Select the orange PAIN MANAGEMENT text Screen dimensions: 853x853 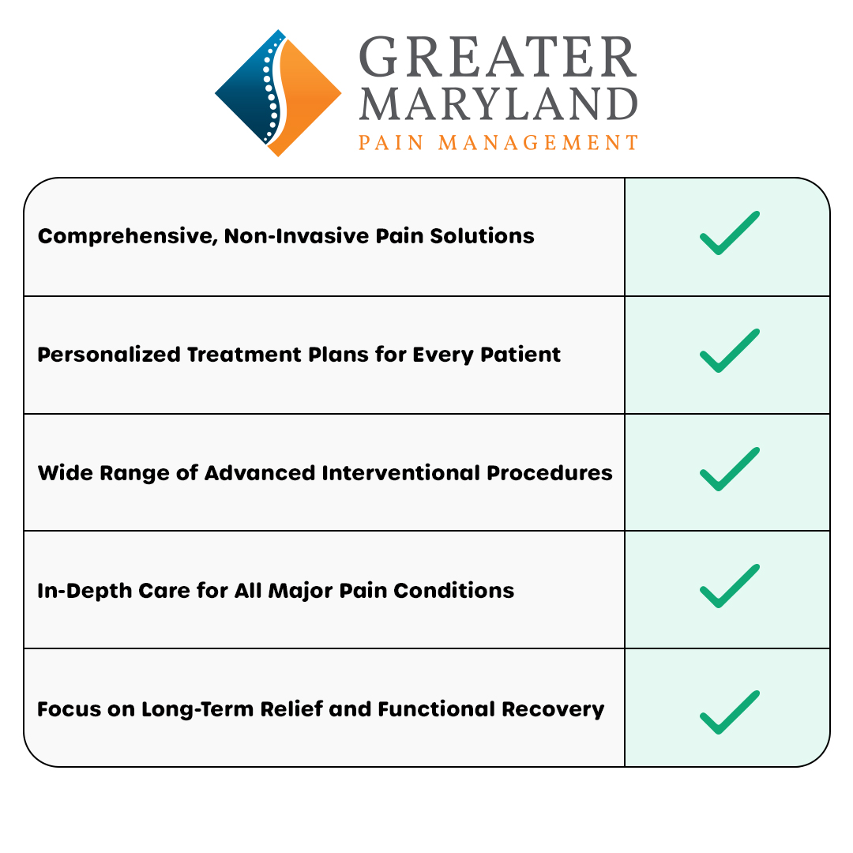pos(498,143)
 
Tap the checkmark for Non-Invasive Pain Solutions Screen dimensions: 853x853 pos(729,234)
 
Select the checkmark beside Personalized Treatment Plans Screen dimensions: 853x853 pos(729,351)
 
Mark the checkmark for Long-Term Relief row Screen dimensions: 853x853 pos(729,712)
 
